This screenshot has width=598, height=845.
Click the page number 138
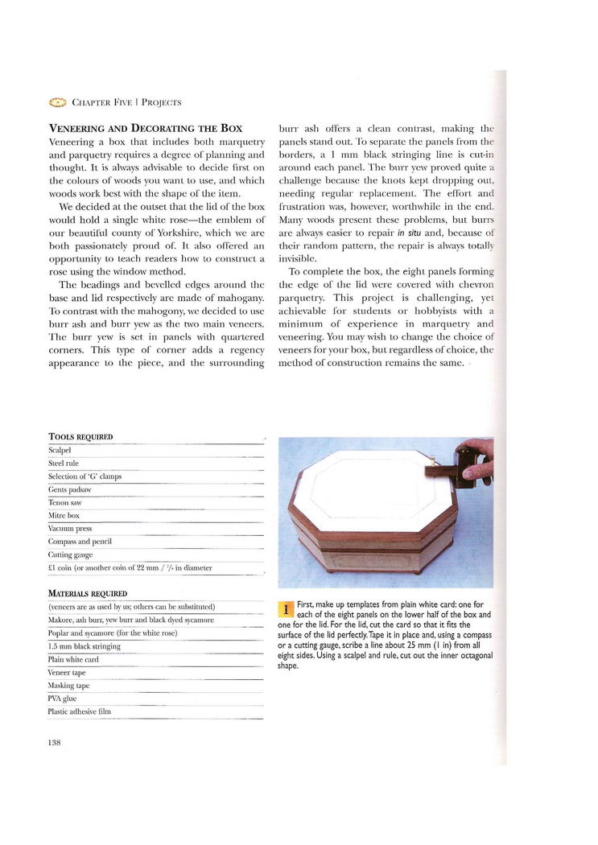(55, 742)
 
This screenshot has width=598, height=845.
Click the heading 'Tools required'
(80, 437)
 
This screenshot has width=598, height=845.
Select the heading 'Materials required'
(88, 594)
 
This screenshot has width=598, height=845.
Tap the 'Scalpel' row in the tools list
(61, 450)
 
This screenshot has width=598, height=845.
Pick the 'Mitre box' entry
(64, 515)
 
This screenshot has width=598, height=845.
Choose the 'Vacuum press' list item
(70, 528)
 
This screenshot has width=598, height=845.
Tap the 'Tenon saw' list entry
(65, 502)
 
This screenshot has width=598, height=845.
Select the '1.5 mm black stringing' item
(85, 645)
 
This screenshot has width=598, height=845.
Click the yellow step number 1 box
(286, 608)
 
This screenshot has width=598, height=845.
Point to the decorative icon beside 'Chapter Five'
(57, 102)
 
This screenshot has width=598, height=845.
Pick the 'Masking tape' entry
(69, 686)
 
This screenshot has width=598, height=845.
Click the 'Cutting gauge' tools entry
(71, 554)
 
